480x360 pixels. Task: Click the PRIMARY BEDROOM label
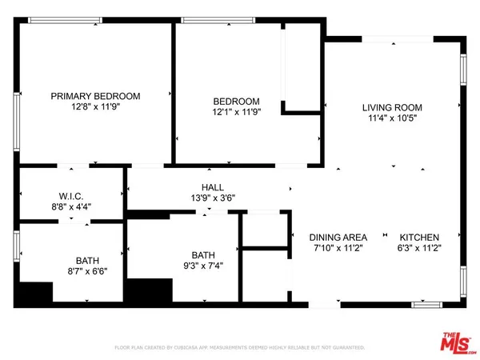click(x=95, y=96)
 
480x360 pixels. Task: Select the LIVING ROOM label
click(x=391, y=107)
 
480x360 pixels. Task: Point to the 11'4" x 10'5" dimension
click(x=391, y=119)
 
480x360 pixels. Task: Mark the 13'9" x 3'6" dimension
click(x=212, y=198)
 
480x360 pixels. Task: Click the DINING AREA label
click(x=338, y=237)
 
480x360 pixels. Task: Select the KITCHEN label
click(x=420, y=237)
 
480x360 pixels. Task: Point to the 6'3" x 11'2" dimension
click(x=420, y=249)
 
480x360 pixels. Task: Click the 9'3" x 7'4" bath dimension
click(x=204, y=266)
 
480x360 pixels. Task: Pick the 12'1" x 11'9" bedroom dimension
click(x=236, y=113)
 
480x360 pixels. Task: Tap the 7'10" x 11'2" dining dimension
click(x=338, y=249)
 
